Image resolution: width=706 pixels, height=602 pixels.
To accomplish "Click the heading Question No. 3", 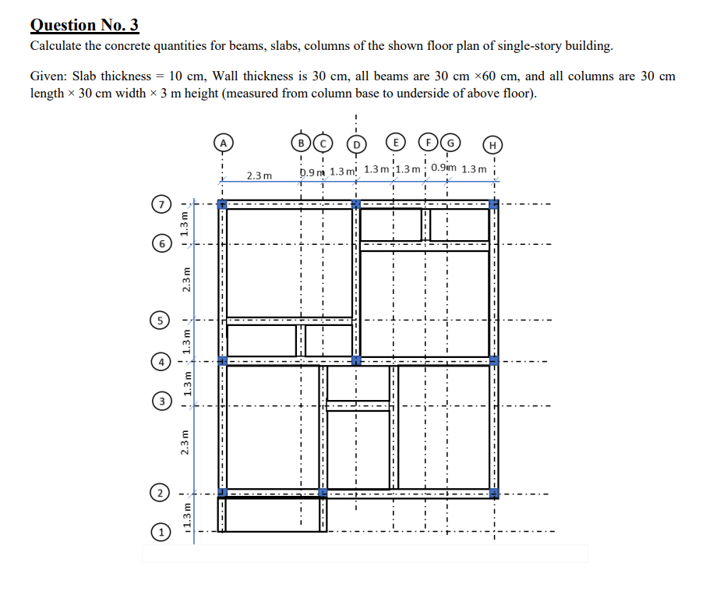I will [x=84, y=25].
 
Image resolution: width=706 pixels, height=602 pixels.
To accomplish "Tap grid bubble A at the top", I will [x=223, y=143].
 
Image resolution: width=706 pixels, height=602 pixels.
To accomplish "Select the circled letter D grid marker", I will [x=356, y=143].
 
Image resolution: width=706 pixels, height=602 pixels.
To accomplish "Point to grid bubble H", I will [x=492, y=143].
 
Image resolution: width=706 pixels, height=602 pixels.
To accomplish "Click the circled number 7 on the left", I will [x=159, y=205].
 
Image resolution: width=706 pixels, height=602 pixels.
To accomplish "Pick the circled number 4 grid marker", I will [x=159, y=362].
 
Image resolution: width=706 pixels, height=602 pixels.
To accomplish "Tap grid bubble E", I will [x=397, y=143].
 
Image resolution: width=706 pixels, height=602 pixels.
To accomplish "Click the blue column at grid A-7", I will [x=222, y=204].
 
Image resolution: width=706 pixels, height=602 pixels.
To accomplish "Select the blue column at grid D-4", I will [x=356, y=361].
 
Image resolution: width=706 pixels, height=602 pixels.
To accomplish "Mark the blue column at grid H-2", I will [x=492, y=493].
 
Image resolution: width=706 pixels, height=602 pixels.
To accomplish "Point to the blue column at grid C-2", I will [x=323, y=493].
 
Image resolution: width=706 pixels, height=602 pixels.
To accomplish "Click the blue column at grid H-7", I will [x=492, y=204].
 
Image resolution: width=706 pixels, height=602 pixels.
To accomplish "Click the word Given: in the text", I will [x=48, y=76].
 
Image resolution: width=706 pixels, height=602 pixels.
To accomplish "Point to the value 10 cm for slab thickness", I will [x=185, y=76].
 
